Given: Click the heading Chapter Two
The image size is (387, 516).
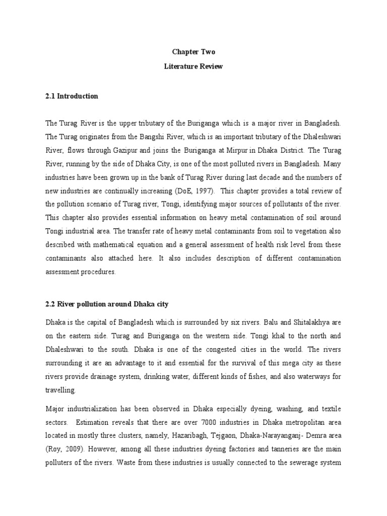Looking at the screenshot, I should point(193,51).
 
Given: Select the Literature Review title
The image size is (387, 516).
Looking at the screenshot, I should point(193,66).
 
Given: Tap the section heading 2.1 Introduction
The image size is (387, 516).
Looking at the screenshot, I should point(72,96).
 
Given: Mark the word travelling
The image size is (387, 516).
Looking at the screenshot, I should point(62,390).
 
